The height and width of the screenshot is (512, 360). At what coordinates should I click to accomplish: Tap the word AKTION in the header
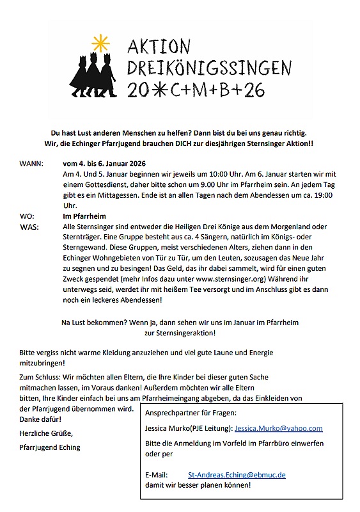click(159, 47)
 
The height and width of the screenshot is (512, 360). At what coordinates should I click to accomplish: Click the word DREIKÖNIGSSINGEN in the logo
click(209, 68)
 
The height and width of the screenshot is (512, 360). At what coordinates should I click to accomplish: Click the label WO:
click(27, 217)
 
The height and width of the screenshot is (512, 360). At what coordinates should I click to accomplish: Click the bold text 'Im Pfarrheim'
click(84, 217)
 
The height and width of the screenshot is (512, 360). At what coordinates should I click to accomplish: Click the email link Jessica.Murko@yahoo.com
click(279, 428)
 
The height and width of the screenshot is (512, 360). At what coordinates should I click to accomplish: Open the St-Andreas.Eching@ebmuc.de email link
click(237, 475)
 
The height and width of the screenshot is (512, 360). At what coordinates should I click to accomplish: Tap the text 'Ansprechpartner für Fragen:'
click(191, 413)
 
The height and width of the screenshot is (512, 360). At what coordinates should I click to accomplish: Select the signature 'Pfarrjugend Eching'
click(50, 447)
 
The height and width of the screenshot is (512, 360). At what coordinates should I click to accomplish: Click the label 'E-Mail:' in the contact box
click(157, 475)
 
